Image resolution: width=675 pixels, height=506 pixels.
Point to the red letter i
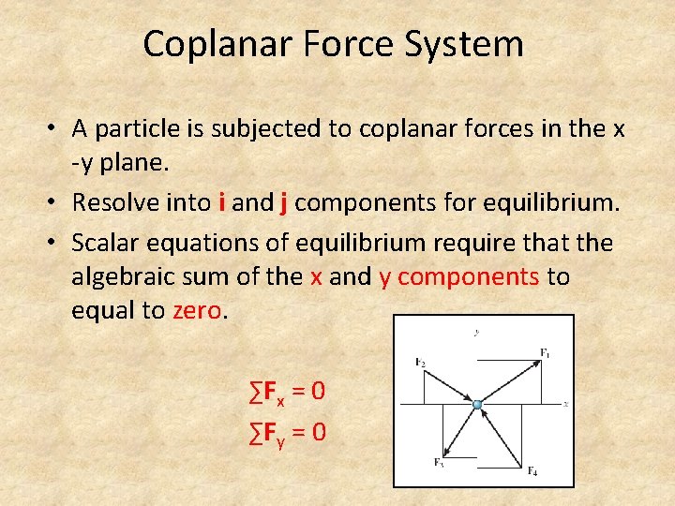[221, 201]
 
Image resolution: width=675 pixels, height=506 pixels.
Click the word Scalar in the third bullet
[105, 243]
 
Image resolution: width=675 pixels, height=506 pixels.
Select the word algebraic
[137, 277]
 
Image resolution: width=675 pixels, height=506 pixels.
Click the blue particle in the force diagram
[477, 405]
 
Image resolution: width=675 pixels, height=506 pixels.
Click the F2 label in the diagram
[419, 361]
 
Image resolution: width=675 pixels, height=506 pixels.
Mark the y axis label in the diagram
[477, 331]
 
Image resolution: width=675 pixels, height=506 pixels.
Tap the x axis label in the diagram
[565, 404]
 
